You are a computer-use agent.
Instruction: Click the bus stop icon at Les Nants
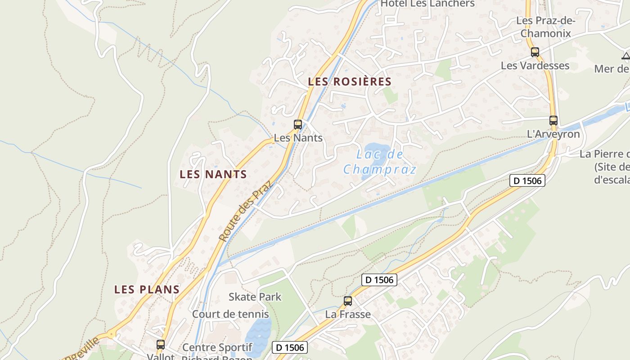[x=298, y=125]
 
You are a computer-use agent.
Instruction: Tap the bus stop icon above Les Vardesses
[x=535, y=52]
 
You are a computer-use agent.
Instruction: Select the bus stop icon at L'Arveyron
[x=553, y=121]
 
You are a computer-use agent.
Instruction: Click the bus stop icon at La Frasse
[x=348, y=301]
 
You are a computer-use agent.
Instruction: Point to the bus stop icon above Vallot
[x=161, y=345]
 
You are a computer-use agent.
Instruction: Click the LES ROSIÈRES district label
[x=350, y=82]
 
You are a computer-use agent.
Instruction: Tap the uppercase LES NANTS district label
[x=213, y=174]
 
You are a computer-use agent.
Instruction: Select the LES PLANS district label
[x=147, y=289]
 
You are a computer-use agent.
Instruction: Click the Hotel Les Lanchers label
[x=427, y=4]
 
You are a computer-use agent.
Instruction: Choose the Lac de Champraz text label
[x=380, y=162]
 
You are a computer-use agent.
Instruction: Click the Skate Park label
[x=255, y=297]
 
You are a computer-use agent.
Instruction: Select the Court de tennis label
[x=230, y=314]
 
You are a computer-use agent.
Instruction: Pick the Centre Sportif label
[x=217, y=348]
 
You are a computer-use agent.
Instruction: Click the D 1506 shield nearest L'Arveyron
[x=527, y=180]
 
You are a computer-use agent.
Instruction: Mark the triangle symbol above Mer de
[x=625, y=56]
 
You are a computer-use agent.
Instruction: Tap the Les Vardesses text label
[x=535, y=66]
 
